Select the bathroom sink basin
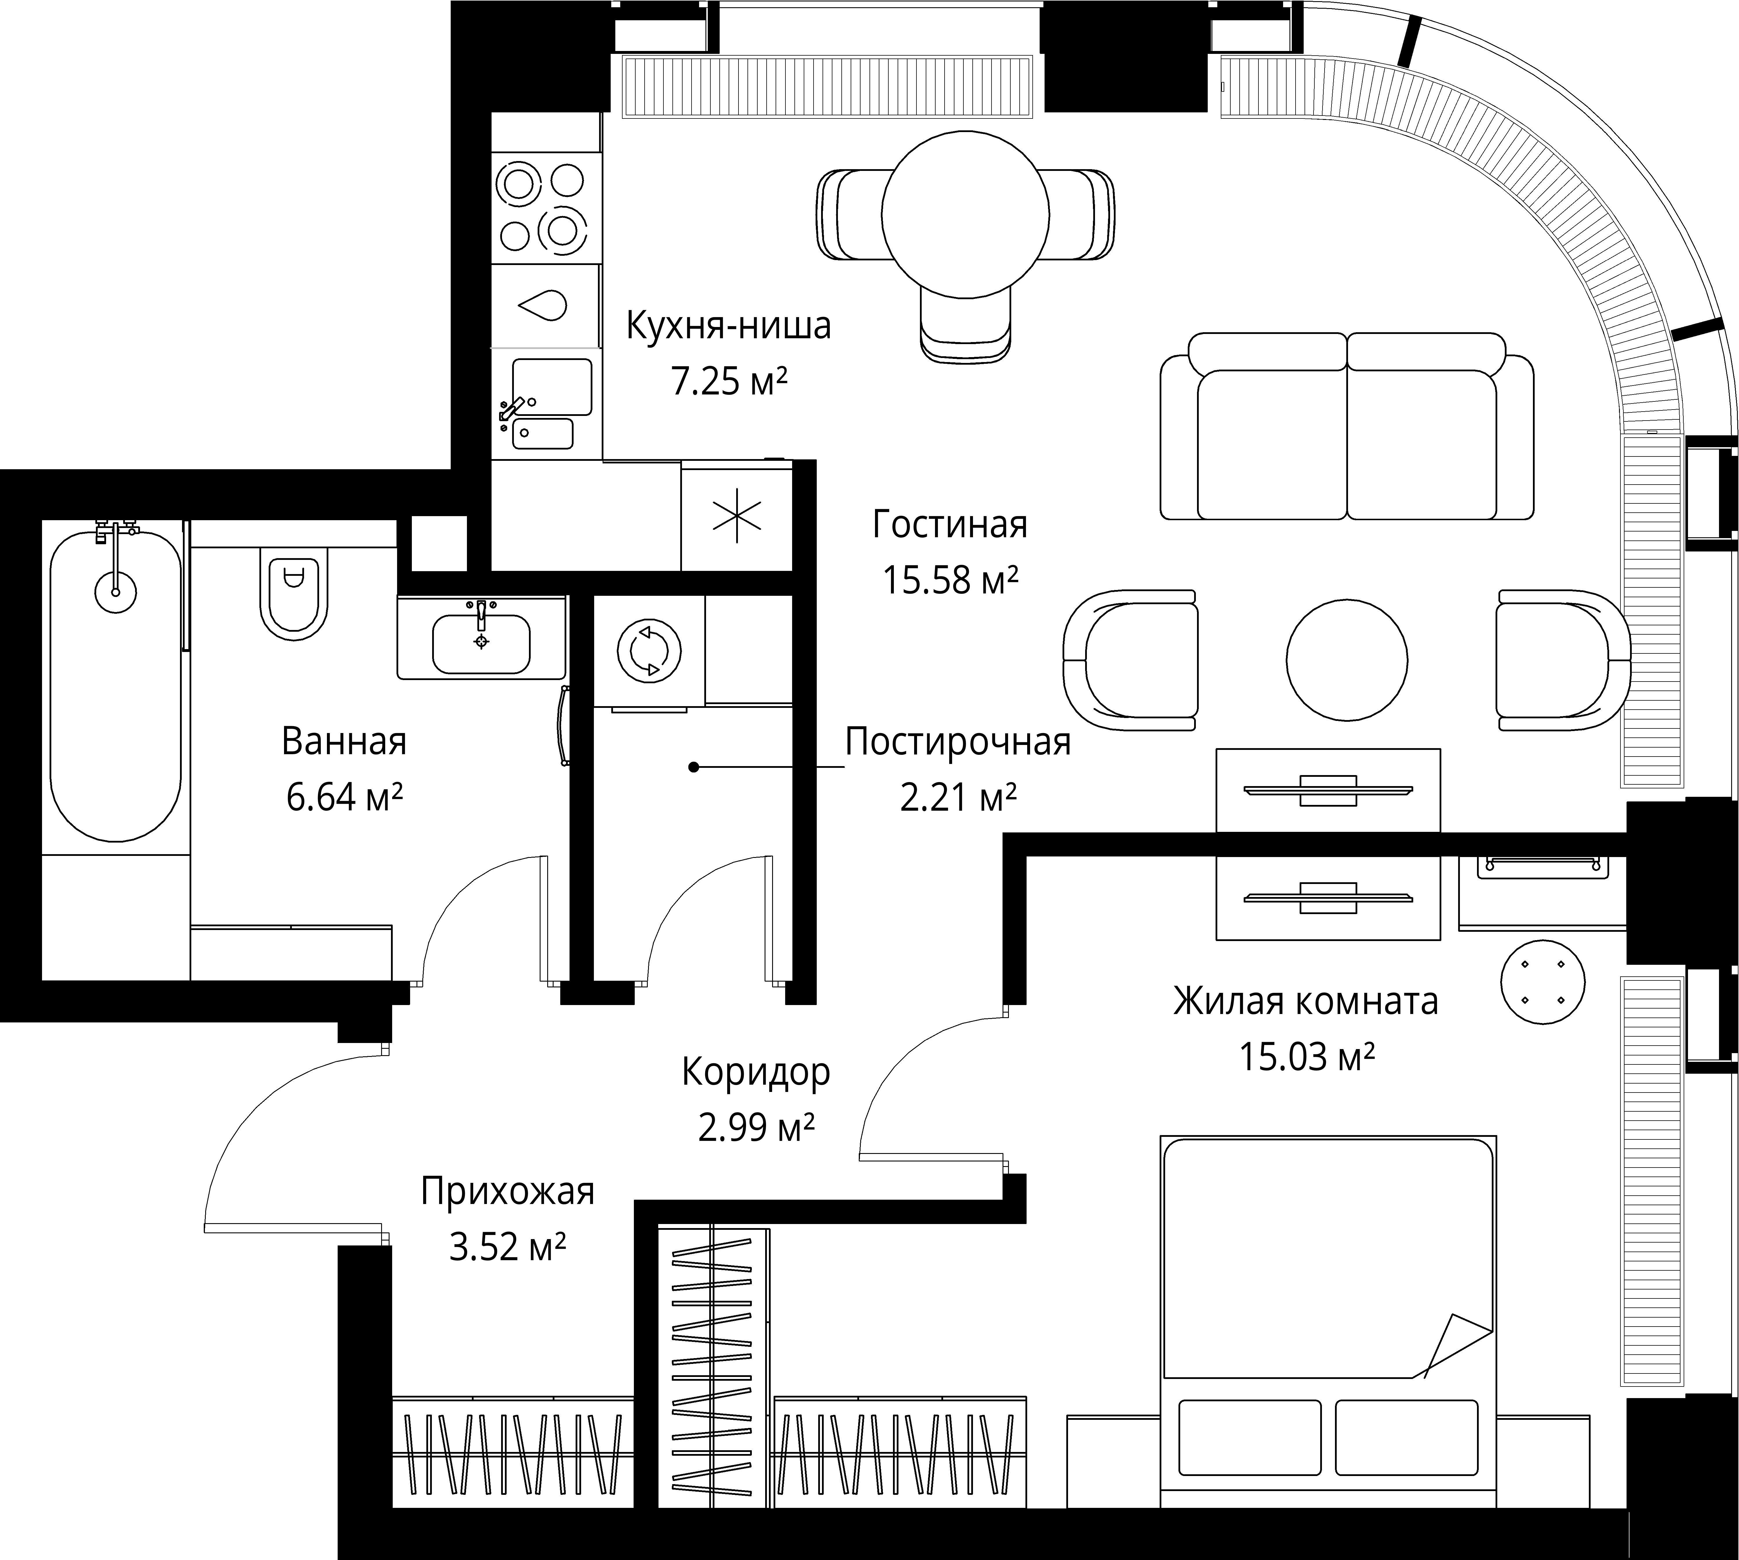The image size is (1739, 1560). coord(481,643)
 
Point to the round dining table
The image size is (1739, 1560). coord(965,214)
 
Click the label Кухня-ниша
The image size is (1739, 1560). coord(729,326)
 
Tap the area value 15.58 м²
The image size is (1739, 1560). coord(950,580)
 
